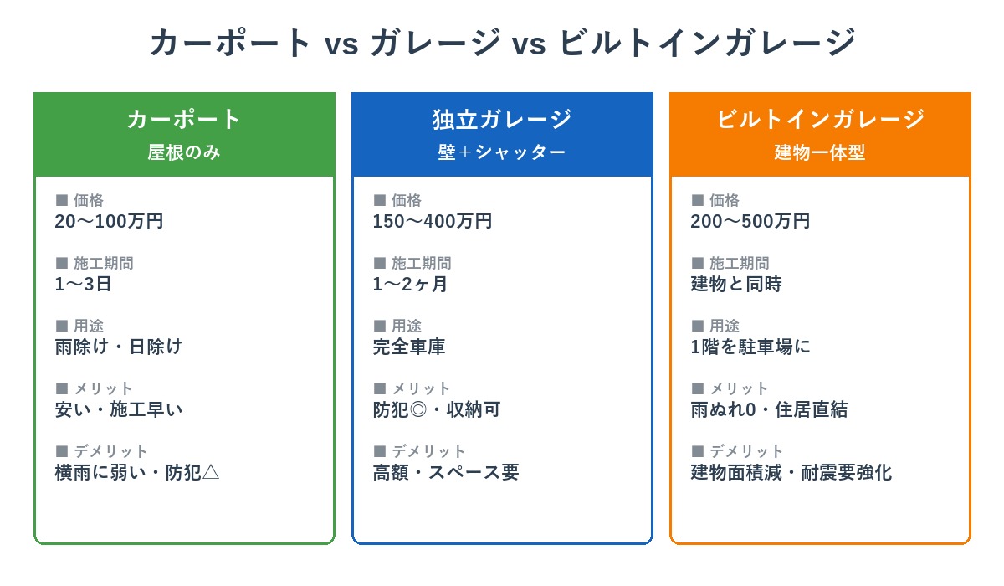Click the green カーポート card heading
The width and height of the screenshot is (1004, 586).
pos(184,119)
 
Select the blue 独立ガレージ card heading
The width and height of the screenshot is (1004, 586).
pos(502,119)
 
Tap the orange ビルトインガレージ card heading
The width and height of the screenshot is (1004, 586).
pos(820,119)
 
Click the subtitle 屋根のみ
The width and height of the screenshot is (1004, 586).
pos(184,153)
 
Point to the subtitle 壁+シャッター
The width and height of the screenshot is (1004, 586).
pos(502,153)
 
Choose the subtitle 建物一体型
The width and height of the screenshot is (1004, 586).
pos(820,153)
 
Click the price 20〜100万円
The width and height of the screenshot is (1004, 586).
pos(109,222)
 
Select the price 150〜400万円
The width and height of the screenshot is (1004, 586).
pos(432,222)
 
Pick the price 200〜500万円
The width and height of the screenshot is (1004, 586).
pos(750,222)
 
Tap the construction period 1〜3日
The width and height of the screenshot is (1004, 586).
pos(83,285)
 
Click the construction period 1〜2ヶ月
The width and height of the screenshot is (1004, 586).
pos(410,285)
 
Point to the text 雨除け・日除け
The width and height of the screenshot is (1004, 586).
pos(119,347)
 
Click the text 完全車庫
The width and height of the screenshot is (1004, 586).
pos(409,347)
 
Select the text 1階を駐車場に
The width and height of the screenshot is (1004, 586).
pos(750,347)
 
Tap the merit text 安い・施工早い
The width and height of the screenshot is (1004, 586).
pos(119,409)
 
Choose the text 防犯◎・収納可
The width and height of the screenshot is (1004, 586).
pos(437,409)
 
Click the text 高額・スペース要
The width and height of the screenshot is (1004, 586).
pos(446,472)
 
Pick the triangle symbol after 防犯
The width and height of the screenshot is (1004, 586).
pos(211,472)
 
